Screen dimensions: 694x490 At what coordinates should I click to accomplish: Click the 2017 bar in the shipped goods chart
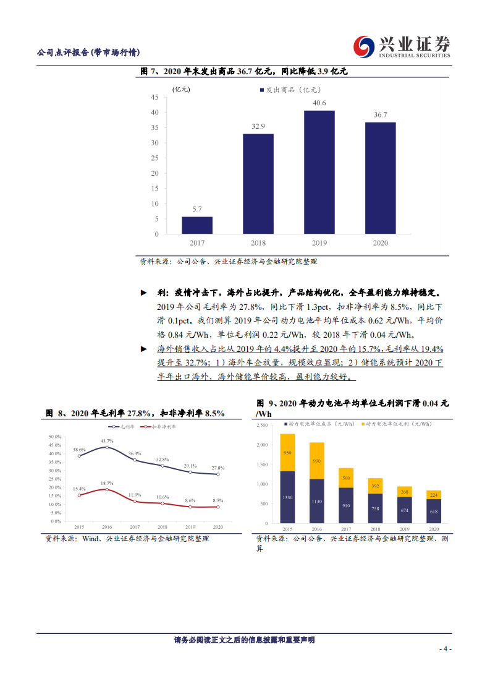197,225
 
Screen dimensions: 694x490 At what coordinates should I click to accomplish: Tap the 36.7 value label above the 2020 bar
380,115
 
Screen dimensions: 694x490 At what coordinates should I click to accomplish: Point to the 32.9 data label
258,126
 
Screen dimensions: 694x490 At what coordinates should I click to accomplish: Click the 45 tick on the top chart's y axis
154,97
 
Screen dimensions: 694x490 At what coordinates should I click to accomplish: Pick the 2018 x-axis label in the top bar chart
258,243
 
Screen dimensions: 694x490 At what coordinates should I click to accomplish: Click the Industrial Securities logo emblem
363,46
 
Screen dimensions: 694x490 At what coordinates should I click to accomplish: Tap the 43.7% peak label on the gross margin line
106,440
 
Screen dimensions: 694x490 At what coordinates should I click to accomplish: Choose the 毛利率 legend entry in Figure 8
122,427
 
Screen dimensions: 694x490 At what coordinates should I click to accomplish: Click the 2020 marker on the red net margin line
218,507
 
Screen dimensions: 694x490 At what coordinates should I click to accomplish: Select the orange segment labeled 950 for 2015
288,452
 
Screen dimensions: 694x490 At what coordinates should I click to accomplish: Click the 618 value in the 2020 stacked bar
434,512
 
